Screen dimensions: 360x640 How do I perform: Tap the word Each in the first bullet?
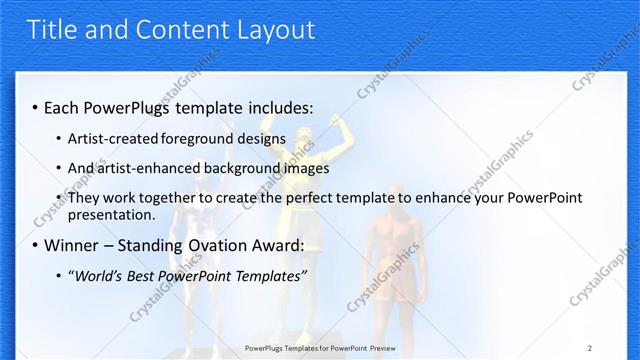click(63, 106)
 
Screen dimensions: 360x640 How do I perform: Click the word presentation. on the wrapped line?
click(111, 215)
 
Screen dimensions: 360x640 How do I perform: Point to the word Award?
click(275, 245)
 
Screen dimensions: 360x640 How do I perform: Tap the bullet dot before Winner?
click(36, 246)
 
